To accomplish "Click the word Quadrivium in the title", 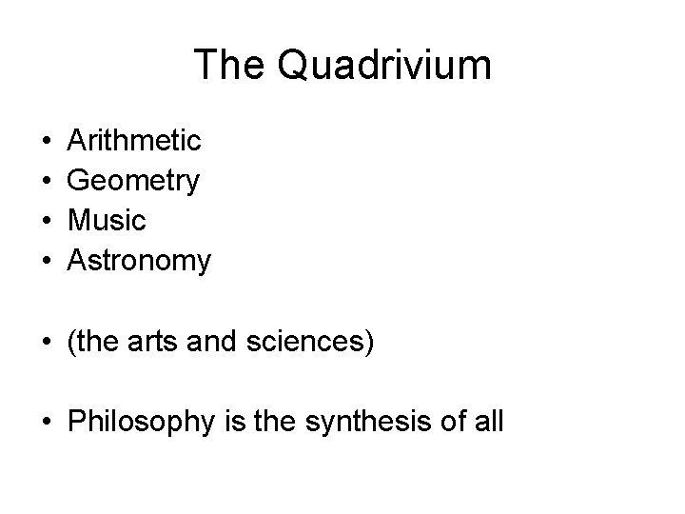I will tap(385, 66).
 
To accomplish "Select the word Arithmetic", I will tap(134, 141).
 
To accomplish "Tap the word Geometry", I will tap(133, 181).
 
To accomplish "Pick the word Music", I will tap(107, 220).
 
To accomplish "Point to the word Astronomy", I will tap(139, 260).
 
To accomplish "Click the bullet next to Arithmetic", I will tap(47, 142).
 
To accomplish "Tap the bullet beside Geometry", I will tap(47, 181).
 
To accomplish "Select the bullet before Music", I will tap(47, 221).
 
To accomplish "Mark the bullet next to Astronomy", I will tap(47, 260).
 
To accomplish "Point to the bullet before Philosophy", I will tap(47, 420).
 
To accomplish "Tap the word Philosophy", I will tap(138, 420).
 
